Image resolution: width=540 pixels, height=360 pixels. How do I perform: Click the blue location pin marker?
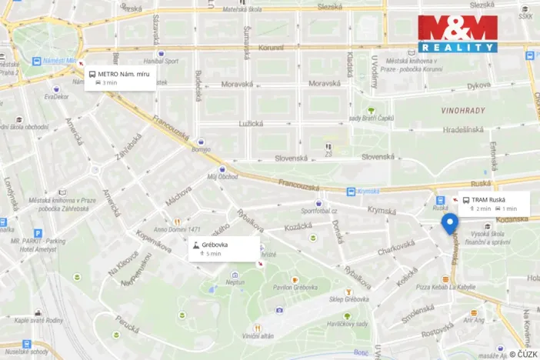click(450, 223)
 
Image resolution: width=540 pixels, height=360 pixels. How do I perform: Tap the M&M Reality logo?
click(458, 34)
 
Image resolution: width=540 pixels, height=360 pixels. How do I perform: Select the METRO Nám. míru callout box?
click(120, 78)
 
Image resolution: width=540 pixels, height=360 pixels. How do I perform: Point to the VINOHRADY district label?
click(464, 111)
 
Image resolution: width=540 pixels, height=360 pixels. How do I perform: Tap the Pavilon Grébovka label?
click(295, 288)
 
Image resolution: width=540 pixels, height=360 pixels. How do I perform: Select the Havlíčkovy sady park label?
click(348, 324)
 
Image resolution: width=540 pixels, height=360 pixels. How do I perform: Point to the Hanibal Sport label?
click(160, 61)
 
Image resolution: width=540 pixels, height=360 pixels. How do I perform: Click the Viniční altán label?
click(258, 336)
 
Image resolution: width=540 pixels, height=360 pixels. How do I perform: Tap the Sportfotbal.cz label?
click(319, 210)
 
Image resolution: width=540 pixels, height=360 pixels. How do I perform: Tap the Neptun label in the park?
click(235, 282)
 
